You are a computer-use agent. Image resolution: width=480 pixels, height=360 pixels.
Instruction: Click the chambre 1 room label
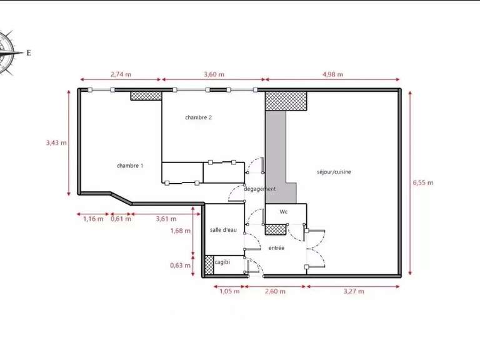130,166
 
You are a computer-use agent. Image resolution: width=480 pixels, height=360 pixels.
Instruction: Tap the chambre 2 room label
198,117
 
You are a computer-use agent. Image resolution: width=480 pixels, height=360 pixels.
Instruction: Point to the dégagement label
259,189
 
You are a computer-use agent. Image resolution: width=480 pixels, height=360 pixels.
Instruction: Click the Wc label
283,212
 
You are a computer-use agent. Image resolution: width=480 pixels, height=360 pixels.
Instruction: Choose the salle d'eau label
223,231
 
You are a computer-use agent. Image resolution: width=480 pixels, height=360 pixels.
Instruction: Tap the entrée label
276,248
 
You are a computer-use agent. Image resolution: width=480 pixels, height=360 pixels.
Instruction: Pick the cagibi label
222,262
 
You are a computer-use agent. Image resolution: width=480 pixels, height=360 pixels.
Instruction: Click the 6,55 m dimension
422,182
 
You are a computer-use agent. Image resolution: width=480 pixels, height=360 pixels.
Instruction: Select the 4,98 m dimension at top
333,74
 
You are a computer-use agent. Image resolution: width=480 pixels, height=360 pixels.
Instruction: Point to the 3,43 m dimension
56,142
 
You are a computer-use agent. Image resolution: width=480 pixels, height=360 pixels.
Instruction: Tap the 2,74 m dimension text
121,74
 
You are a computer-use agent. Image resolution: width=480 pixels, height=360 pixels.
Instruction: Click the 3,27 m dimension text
353,291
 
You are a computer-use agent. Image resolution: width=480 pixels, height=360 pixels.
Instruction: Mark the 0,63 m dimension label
180,265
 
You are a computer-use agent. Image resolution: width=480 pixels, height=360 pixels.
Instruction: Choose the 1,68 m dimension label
180,230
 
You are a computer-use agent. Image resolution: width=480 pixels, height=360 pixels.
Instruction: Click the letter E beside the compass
28,53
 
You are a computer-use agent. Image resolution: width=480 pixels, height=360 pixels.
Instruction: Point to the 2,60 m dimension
275,291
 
